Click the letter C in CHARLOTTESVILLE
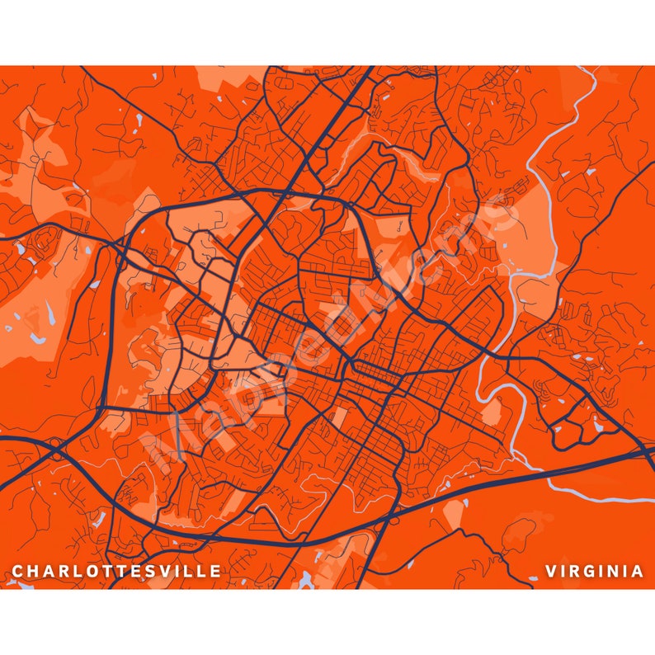coord(17,571)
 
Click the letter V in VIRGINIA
coord(550,571)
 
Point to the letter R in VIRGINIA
coord(575,571)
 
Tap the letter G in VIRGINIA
coord(591,571)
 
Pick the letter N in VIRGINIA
coord(615,571)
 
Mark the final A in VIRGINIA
coord(638,571)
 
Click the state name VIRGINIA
coord(594,571)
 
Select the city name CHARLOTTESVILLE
coord(116,571)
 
